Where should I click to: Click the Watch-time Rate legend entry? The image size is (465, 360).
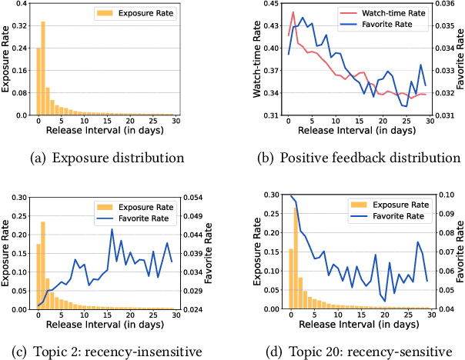(380, 14)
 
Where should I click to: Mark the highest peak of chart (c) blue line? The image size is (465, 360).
(112, 229)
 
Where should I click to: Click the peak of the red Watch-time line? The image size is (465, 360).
(293, 13)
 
